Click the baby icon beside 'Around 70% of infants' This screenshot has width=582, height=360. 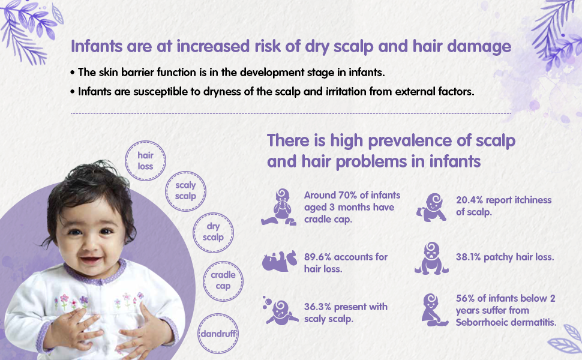pos(279,207)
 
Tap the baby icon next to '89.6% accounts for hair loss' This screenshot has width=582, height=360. pos(280,261)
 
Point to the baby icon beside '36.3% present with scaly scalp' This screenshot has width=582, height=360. pos(280,311)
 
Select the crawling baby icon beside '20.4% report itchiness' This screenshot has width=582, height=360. pos(431,208)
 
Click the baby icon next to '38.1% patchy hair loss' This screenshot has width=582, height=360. pos(431,259)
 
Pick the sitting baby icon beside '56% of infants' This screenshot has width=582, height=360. pos(434,310)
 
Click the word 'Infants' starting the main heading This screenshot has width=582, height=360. pos(97,46)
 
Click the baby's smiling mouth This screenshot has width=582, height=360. pos(91,259)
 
